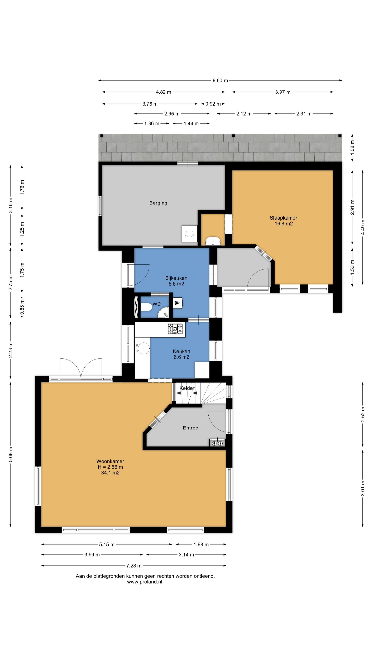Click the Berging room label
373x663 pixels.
pyautogui.click(x=158, y=203)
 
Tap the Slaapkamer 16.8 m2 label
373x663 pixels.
pyautogui.click(x=283, y=221)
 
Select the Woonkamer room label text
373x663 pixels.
pyautogui.click(x=110, y=461)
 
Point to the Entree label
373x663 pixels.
pyautogui.click(x=190, y=428)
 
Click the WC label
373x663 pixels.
pyautogui.click(x=157, y=304)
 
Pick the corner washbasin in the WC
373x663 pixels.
pyautogui.click(x=164, y=313)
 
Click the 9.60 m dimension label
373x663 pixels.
pyautogui.click(x=220, y=81)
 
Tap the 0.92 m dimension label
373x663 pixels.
pyautogui.click(x=213, y=104)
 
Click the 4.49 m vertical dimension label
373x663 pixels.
pyautogui.click(x=363, y=227)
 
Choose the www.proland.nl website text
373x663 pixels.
pyautogui.click(x=145, y=582)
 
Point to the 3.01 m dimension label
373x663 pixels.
pyautogui.click(x=363, y=488)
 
